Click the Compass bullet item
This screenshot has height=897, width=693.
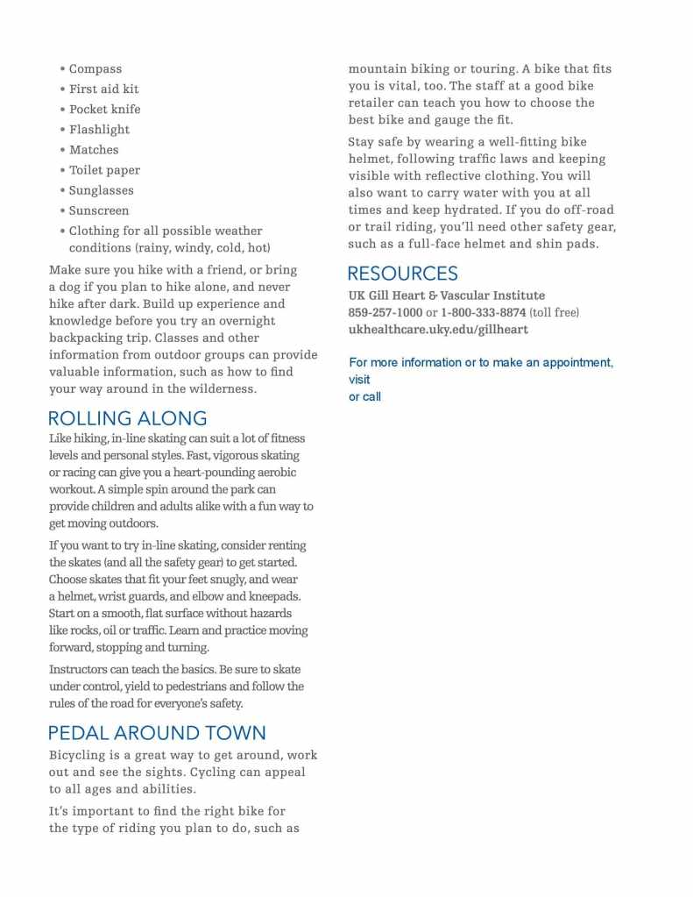tap(95, 69)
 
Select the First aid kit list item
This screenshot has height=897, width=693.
tap(103, 89)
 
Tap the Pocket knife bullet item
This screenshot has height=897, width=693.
tap(104, 110)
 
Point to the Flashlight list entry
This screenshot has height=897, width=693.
tap(99, 130)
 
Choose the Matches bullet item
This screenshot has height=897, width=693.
tap(94, 150)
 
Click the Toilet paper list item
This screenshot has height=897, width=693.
tap(104, 170)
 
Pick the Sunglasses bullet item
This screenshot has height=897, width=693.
tap(102, 190)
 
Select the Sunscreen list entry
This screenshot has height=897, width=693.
tap(99, 210)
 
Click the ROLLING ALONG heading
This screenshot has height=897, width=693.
tap(128, 418)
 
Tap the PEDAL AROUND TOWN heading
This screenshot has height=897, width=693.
tap(157, 733)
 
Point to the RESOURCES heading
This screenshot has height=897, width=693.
tap(402, 274)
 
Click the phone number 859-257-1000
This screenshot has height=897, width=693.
tap(385, 313)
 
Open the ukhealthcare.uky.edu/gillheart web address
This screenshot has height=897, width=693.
tap(438, 330)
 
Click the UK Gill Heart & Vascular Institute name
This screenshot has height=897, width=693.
tap(446, 295)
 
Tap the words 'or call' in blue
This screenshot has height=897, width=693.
tap(364, 397)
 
